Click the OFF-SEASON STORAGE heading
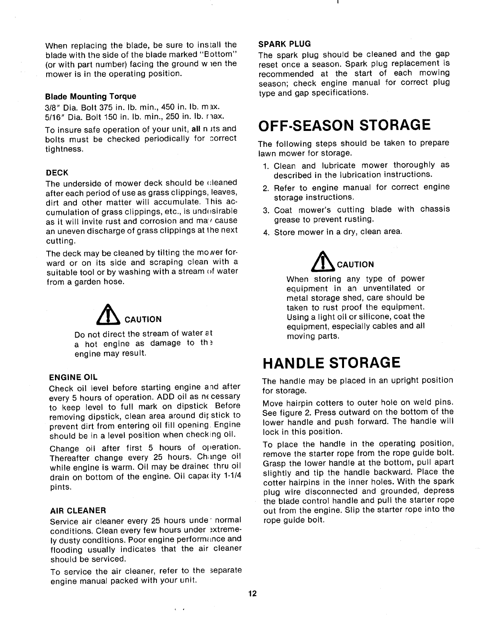[344, 125]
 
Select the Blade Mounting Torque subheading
[90, 96]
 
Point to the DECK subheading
[57, 173]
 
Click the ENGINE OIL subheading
[73, 377]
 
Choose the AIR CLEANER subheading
[78, 510]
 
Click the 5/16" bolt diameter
[54, 117]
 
